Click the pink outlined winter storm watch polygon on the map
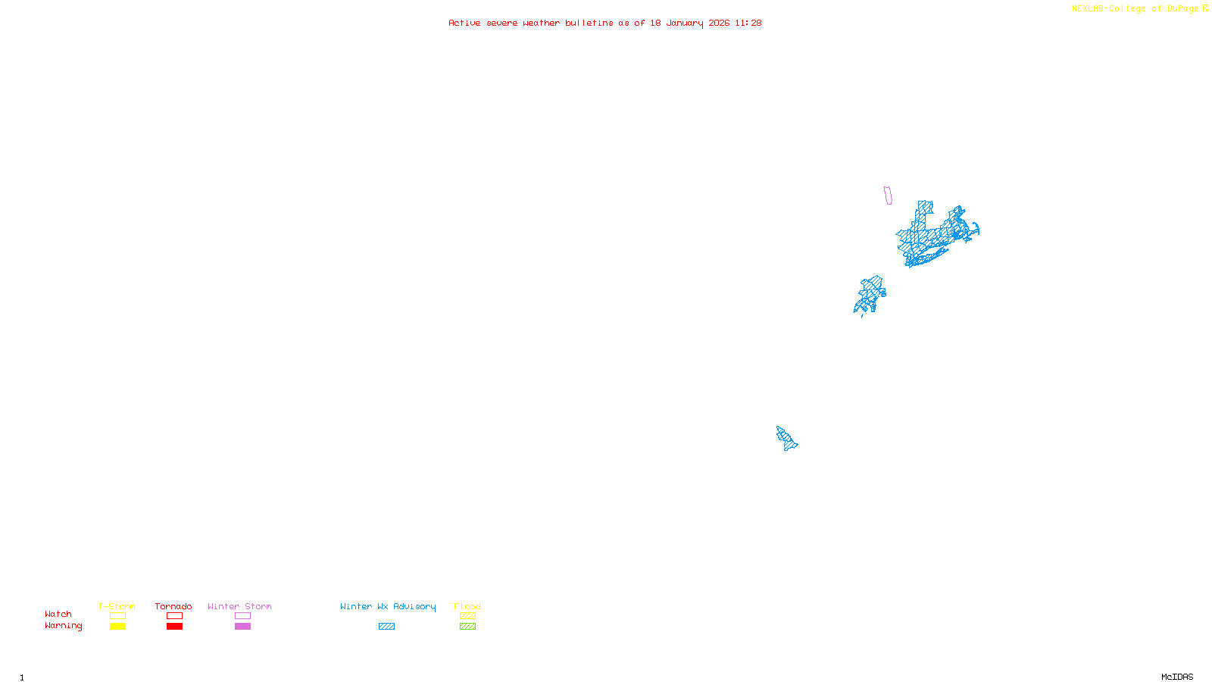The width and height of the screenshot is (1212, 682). (888, 196)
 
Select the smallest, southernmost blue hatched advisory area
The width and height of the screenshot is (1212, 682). (786, 438)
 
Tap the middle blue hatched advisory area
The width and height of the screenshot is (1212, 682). (871, 294)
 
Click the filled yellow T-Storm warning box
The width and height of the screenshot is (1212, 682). (117, 627)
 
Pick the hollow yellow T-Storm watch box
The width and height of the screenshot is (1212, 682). (117, 616)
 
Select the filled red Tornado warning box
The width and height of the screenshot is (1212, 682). (174, 627)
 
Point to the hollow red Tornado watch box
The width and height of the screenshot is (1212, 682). (174, 616)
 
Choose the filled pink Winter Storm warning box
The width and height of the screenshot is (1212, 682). (242, 627)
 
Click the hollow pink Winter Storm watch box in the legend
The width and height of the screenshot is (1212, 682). (242, 616)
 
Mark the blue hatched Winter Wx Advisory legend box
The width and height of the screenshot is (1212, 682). (386, 627)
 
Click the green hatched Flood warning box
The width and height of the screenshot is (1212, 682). (467, 627)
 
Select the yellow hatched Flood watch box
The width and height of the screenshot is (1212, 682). (467, 616)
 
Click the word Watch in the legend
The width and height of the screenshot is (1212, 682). (58, 615)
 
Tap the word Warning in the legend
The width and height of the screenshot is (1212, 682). (63, 626)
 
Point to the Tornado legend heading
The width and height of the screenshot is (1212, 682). (173, 606)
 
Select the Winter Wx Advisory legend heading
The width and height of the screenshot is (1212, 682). (388, 606)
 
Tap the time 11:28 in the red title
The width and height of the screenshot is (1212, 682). (748, 23)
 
